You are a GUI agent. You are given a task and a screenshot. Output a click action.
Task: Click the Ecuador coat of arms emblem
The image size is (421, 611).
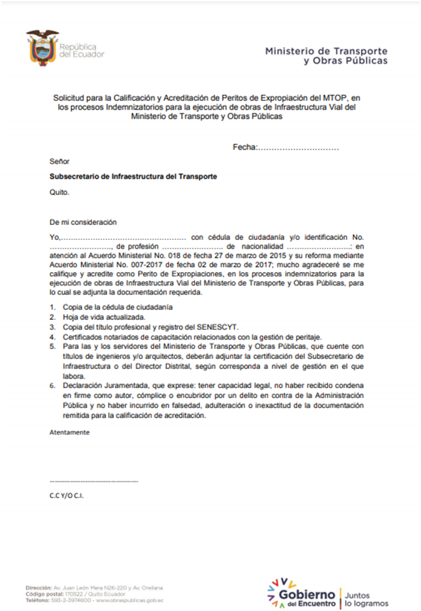(42, 46)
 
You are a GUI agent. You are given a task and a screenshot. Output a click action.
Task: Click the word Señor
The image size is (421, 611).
(60, 161)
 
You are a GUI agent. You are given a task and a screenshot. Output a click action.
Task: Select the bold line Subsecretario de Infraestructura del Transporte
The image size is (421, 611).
(133, 176)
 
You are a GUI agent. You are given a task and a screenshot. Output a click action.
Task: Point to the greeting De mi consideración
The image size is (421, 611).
(82, 222)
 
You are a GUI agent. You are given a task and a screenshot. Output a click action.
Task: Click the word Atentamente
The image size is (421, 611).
(70, 432)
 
